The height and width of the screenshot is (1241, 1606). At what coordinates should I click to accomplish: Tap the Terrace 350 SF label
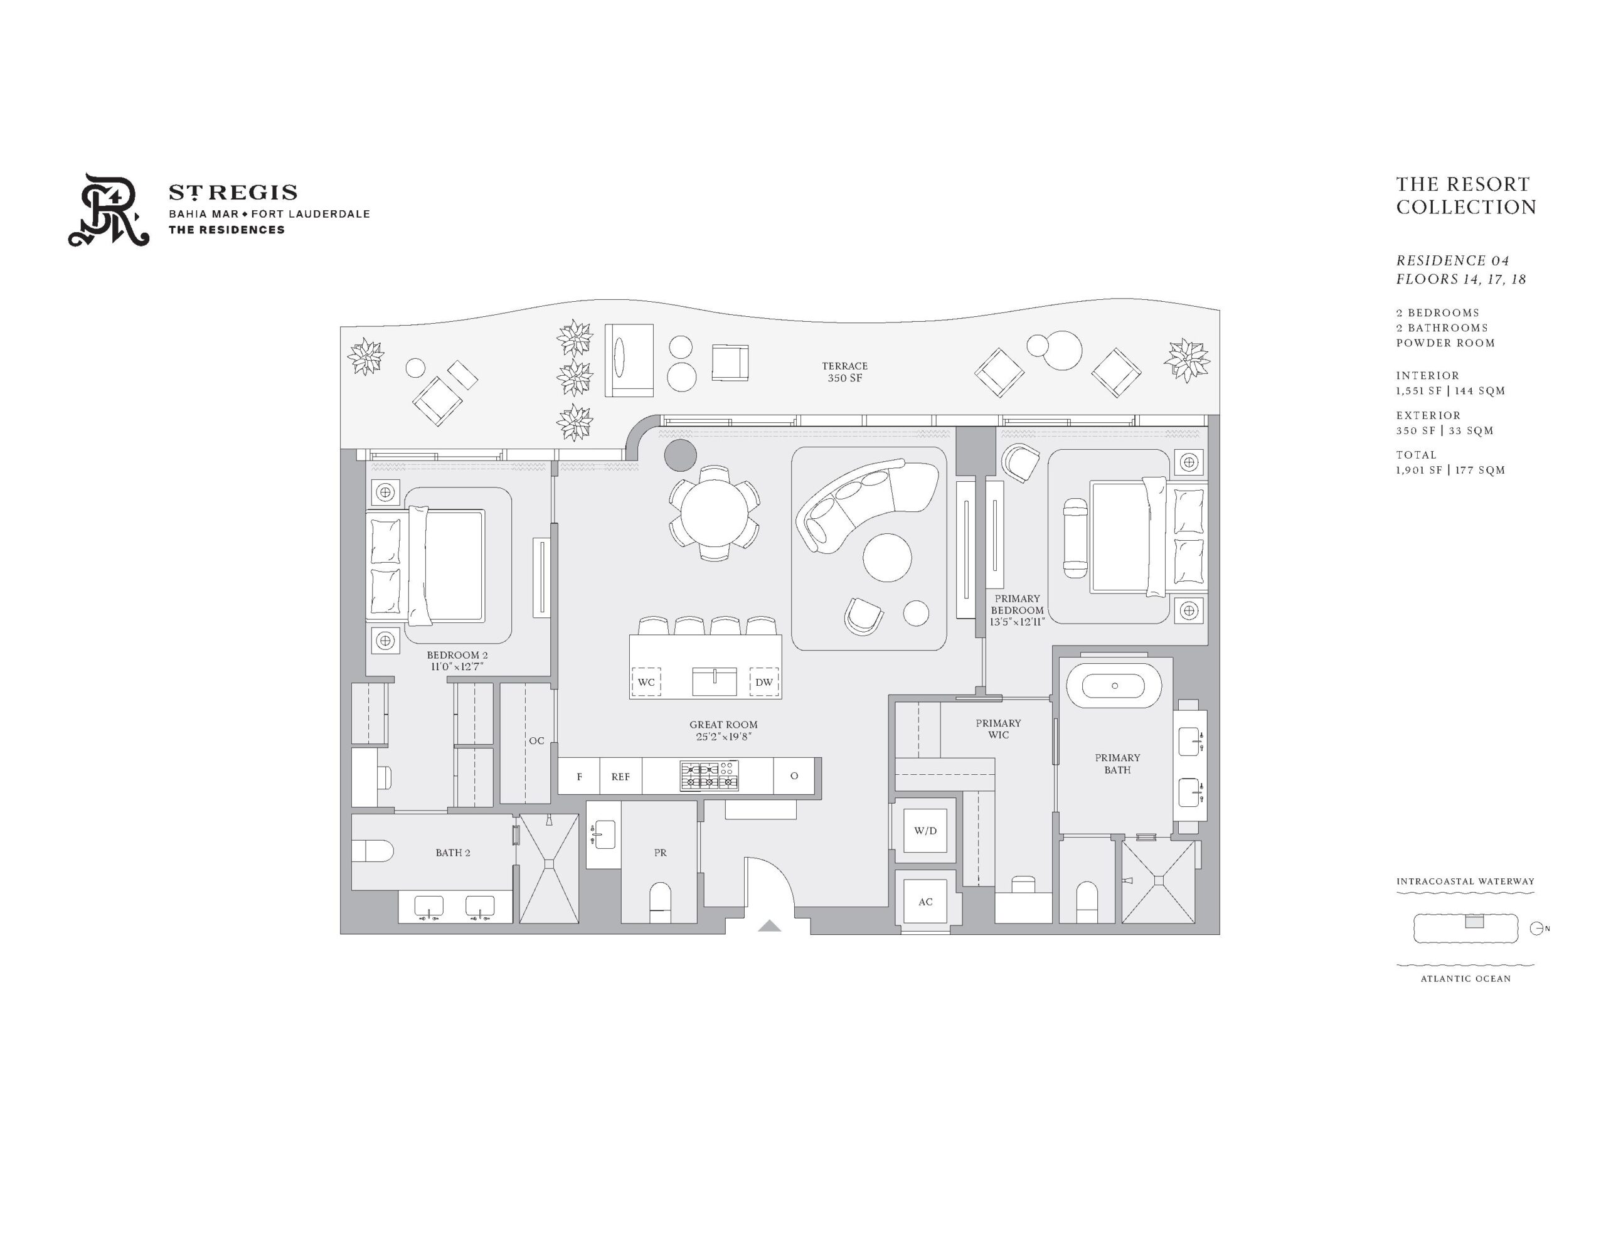click(x=844, y=371)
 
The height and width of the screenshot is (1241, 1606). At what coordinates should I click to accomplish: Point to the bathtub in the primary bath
click(x=1114, y=686)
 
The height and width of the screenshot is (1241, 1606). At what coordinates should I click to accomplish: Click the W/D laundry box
click(x=925, y=831)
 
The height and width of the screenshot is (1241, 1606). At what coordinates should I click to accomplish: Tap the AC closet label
click(x=925, y=902)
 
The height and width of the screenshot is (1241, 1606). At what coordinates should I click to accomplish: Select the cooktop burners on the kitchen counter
click(x=709, y=776)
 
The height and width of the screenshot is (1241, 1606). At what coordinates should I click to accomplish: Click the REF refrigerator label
click(x=620, y=777)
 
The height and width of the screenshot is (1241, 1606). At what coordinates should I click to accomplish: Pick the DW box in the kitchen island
click(x=764, y=682)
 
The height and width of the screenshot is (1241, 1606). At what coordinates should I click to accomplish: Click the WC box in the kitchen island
click(x=646, y=682)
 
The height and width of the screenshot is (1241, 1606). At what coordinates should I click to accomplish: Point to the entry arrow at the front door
click(x=769, y=925)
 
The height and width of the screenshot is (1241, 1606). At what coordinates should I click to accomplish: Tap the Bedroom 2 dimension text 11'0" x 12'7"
click(x=457, y=666)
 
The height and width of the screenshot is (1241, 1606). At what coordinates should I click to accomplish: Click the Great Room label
click(x=723, y=725)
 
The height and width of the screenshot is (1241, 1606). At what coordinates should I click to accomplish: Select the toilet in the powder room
click(x=661, y=902)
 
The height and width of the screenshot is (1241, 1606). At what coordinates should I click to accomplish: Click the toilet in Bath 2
click(x=372, y=851)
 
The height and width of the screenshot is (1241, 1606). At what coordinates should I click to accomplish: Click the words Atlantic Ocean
click(x=1465, y=978)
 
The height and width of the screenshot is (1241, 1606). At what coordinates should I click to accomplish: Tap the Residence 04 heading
click(x=1452, y=260)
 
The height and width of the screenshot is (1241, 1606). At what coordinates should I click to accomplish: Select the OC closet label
click(x=537, y=741)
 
